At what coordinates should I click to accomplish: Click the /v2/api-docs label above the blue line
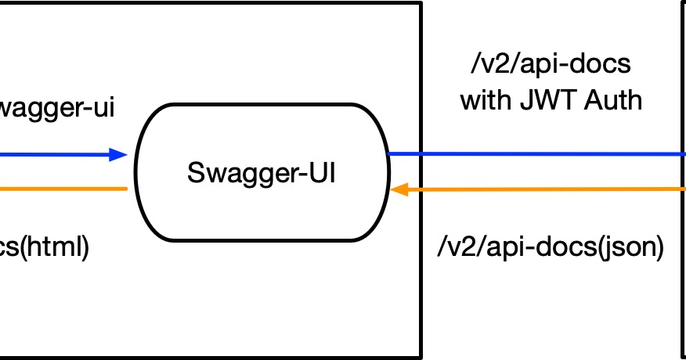pyautogui.click(x=551, y=65)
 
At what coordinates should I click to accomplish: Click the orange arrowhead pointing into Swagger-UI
pyautogui.click(x=399, y=189)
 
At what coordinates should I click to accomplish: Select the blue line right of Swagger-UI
pyautogui.click(x=548, y=154)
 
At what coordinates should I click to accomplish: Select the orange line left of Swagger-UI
pyautogui.click(x=63, y=189)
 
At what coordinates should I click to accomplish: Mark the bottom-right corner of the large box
pyautogui.click(x=421, y=358)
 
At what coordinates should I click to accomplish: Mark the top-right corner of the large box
pyautogui.click(x=421, y=3)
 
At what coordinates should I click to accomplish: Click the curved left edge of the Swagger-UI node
pyautogui.click(x=136, y=172)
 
